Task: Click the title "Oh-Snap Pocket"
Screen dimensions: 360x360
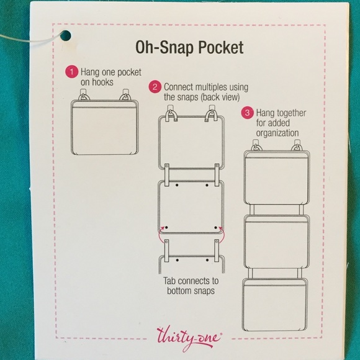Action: [x=180, y=48]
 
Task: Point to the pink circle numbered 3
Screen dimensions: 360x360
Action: [x=247, y=114]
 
